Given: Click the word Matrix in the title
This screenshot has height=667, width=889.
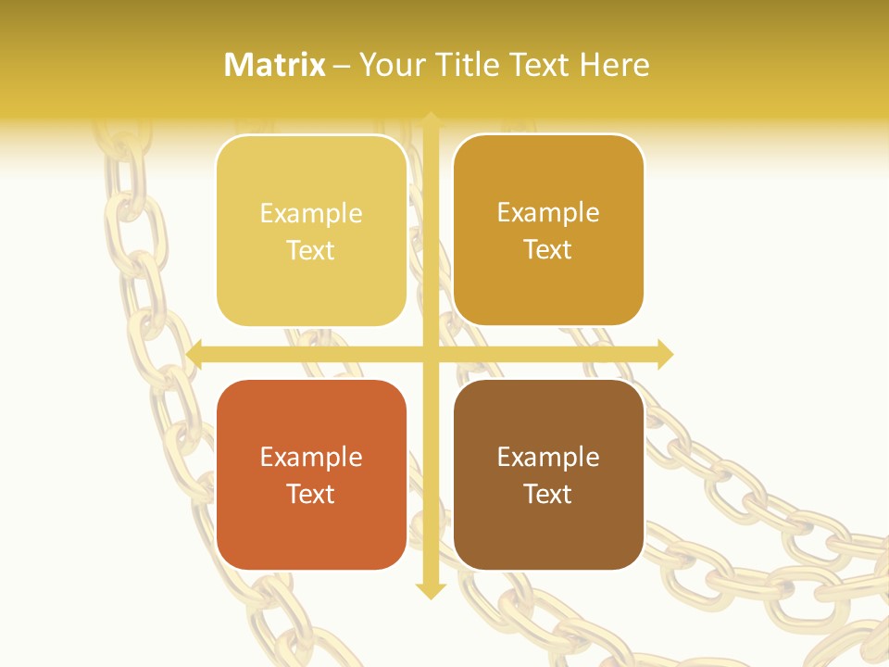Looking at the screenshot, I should (275, 65).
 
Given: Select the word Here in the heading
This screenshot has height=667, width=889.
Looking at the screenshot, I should (614, 65).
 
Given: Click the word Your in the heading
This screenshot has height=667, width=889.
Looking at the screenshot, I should (389, 65).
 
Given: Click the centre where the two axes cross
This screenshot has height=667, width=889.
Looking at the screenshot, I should (430, 354).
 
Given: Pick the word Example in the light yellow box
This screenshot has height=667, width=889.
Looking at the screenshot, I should (311, 214).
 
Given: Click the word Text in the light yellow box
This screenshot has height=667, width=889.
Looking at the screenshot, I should (311, 250).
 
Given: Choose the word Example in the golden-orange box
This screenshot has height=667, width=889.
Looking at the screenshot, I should (548, 213).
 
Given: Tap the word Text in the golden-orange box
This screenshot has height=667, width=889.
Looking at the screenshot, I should (548, 249).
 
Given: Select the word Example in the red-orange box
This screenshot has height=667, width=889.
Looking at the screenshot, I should (311, 458).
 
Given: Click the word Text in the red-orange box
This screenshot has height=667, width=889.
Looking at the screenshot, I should (311, 494).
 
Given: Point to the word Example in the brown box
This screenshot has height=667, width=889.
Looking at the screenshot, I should (548, 458).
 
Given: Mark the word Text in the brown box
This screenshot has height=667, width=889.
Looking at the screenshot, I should (548, 494).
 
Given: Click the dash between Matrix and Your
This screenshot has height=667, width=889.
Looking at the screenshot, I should (342, 66).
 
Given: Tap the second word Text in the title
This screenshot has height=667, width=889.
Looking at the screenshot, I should (538, 65).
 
